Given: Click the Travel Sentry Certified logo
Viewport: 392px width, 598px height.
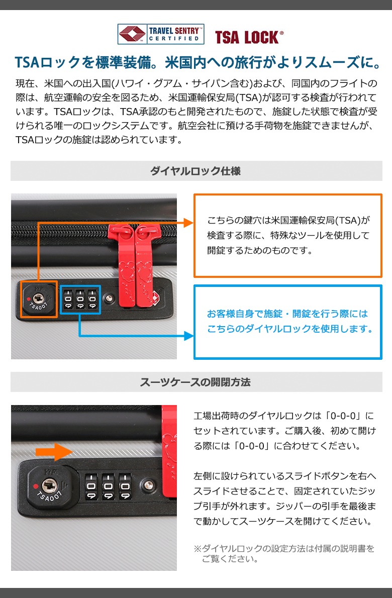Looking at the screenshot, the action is coord(160,34).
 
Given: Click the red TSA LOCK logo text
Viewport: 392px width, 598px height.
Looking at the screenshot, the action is coord(249,37).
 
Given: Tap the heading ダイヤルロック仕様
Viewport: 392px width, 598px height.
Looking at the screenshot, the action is coord(195,171).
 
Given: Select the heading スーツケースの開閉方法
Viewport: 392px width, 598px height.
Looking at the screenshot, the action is coord(195,382).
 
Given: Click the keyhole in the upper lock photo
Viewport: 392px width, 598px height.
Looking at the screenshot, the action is coord(38,298).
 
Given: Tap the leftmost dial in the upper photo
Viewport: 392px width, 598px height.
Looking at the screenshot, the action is coord(68,300).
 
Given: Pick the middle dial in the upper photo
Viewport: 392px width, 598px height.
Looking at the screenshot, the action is coord(80,300).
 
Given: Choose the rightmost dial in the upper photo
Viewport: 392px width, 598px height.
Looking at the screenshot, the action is coord(92,300).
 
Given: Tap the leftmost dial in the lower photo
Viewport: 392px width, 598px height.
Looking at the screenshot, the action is coord(91,487).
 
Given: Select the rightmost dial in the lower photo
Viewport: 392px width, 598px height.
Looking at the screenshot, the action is coord(125,487).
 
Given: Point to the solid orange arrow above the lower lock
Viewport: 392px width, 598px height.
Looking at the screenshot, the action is coord(54,452).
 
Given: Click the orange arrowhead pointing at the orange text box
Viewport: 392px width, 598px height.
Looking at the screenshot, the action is coord(189,223).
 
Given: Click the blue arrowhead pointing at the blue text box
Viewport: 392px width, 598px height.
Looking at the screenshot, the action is coord(189,336).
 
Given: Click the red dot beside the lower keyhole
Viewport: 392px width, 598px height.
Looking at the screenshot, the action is coord(36,486).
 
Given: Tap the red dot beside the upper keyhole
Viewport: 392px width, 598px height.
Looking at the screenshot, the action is coord(29,299).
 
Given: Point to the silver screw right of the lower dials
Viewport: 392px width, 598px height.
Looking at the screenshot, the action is coord(148,485).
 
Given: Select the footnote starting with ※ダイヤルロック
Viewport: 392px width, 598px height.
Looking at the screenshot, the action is coord(284,554).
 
